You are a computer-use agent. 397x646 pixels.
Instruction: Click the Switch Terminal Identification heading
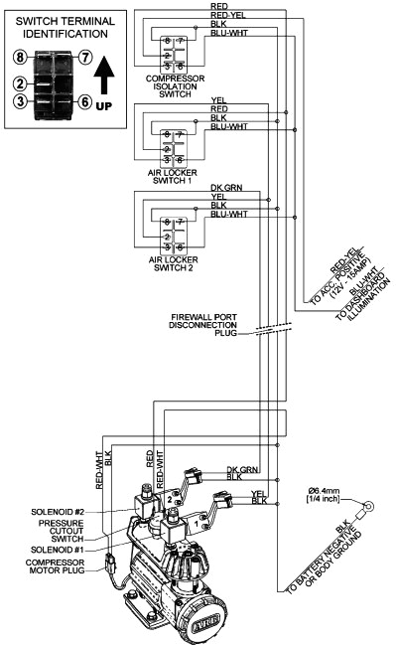coord(64,28)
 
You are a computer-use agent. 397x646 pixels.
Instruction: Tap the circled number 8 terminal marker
coord(20,58)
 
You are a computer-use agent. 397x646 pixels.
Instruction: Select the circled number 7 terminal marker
coord(85,58)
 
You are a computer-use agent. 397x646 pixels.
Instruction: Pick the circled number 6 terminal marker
coord(85,101)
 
